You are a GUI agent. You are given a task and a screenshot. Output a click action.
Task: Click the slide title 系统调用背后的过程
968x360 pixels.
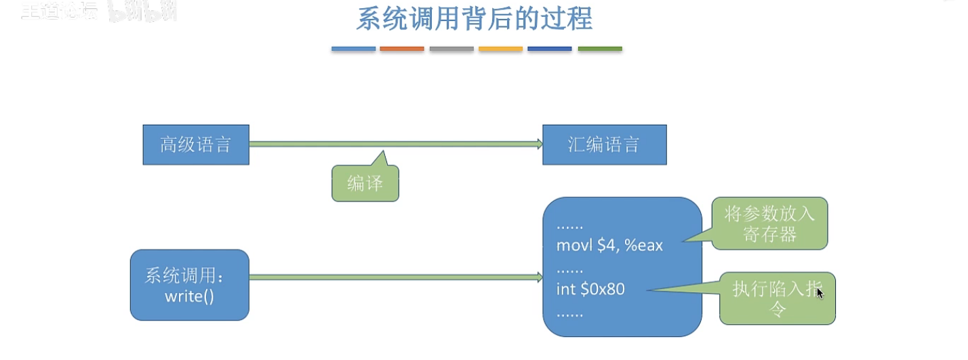click(474, 19)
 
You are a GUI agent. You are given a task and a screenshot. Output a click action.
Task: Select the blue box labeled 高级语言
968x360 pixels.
click(196, 144)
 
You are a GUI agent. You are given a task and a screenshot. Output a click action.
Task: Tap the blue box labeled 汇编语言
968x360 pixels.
click(604, 144)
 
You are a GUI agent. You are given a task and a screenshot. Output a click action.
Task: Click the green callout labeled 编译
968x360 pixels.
click(365, 184)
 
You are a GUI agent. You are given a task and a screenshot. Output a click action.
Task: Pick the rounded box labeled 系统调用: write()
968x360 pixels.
click(190, 285)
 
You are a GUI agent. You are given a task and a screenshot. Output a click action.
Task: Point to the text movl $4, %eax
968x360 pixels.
click(609, 245)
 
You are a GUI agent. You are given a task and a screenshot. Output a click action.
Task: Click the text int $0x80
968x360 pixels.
click(590, 289)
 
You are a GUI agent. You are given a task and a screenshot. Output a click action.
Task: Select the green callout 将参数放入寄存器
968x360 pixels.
click(769, 224)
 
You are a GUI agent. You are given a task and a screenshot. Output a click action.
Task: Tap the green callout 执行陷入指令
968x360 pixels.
click(778, 299)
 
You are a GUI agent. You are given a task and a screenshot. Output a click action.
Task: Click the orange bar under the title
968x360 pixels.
click(402, 49)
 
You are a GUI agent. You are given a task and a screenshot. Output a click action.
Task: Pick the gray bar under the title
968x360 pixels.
click(451, 49)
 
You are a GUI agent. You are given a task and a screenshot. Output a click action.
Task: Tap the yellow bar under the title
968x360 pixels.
click(500, 49)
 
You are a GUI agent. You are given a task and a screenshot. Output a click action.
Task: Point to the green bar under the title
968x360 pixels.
click(600, 49)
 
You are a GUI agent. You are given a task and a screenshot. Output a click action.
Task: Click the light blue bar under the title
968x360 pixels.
click(353, 49)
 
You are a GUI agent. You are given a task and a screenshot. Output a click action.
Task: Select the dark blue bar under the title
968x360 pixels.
click(550, 49)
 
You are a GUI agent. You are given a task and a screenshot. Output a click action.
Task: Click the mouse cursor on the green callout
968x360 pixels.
click(820, 293)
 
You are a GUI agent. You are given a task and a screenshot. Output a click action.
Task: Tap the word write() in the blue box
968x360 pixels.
click(189, 296)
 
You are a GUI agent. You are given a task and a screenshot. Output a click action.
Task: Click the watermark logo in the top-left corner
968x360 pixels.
click(98, 12)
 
